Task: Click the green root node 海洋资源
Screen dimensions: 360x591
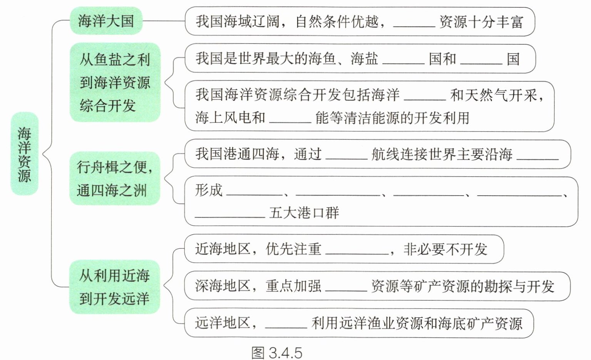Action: click(x=24, y=154)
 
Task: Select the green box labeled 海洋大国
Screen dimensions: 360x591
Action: click(x=106, y=21)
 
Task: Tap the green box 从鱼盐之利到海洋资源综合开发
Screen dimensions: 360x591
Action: click(x=115, y=82)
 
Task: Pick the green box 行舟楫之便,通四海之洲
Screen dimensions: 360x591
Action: click(x=115, y=178)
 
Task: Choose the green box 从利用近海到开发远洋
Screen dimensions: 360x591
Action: click(x=114, y=287)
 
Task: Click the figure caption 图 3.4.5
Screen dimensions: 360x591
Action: click(x=276, y=352)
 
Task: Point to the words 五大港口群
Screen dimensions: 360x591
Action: click(x=304, y=213)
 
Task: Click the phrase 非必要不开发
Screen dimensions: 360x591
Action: click(x=445, y=249)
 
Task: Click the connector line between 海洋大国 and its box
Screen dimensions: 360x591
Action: click(x=164, y=21)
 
